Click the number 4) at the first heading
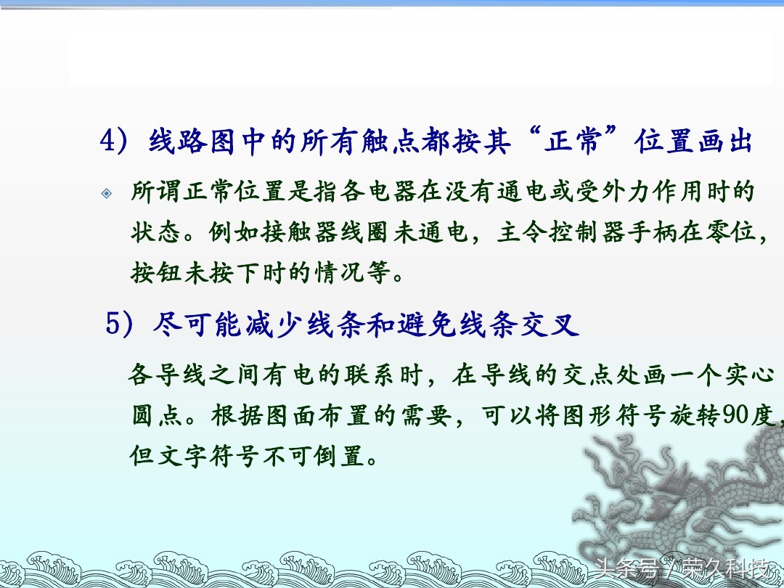(113, 141)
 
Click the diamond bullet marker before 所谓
(107, 193)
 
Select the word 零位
(730, 232)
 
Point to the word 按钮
(156, 273)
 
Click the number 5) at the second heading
(119, 324)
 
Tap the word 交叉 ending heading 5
(550, 324)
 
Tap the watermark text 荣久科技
(727, 569)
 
